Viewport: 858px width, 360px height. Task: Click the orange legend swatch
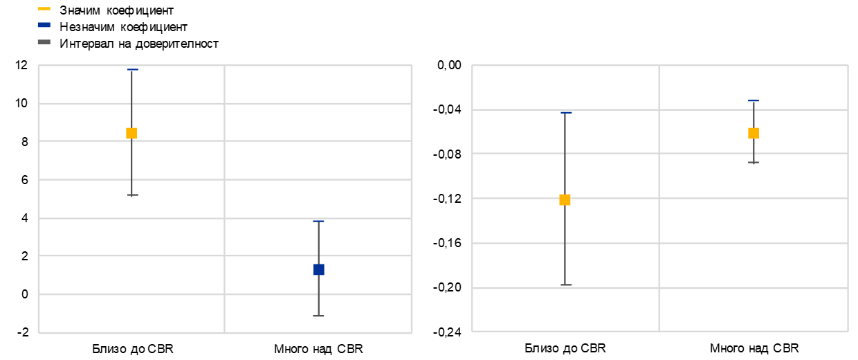pyautogui.click(x=44, y=8)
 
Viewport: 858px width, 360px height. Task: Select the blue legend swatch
pyautogui.click(x=44, y=25)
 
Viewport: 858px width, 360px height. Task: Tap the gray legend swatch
pyautogui.click(x=44, y=42)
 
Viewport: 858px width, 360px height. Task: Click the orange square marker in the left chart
pyautogui.click(x=131, y=133)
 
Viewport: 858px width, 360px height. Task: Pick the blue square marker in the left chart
pyautogui.click(x=319, y=269)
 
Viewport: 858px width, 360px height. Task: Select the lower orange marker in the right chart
pyautogui.click(x=565, y=199)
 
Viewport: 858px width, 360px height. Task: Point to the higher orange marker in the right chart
pyautogui.click(x=754, y=133)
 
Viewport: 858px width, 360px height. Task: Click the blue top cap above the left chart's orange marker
pyautogui.click(x=133, y=69)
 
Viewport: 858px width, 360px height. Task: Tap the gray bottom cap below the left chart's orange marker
pyautogui.click(x=133, y=195)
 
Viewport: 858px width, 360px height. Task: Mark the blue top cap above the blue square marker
pyautogui.click(x=318, y=221)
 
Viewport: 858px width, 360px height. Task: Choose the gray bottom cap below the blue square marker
pyautogui.click(x=318, y=316)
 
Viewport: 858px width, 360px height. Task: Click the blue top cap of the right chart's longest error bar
pyautogui.click(x=566, y=112)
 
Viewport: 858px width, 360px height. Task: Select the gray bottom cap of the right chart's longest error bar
pyautogui.click(x=566, y=285)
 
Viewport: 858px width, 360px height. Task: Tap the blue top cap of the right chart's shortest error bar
pyautogui.click(x=754, y=100)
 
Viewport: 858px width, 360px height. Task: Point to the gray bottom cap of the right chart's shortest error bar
pyautogui.click(x=754, y=162)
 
